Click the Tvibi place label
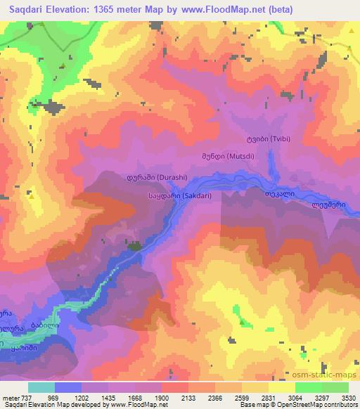(x=266, y=138)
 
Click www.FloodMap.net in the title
(x=229, y=8)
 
